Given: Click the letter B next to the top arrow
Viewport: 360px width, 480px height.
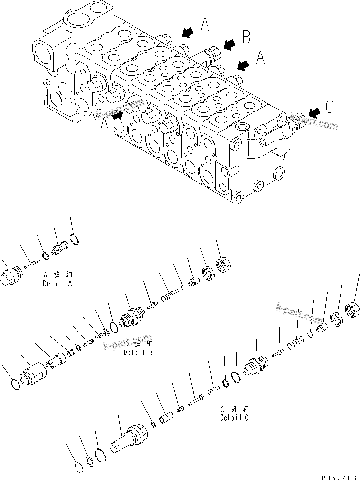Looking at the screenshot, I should (x=246, y=36).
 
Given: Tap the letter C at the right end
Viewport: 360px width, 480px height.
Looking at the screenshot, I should (x=329, y=107).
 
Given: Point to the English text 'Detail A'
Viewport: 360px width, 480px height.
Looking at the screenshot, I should (x=57, y=283).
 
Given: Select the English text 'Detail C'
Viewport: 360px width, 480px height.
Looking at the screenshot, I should (x=234, y=417).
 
